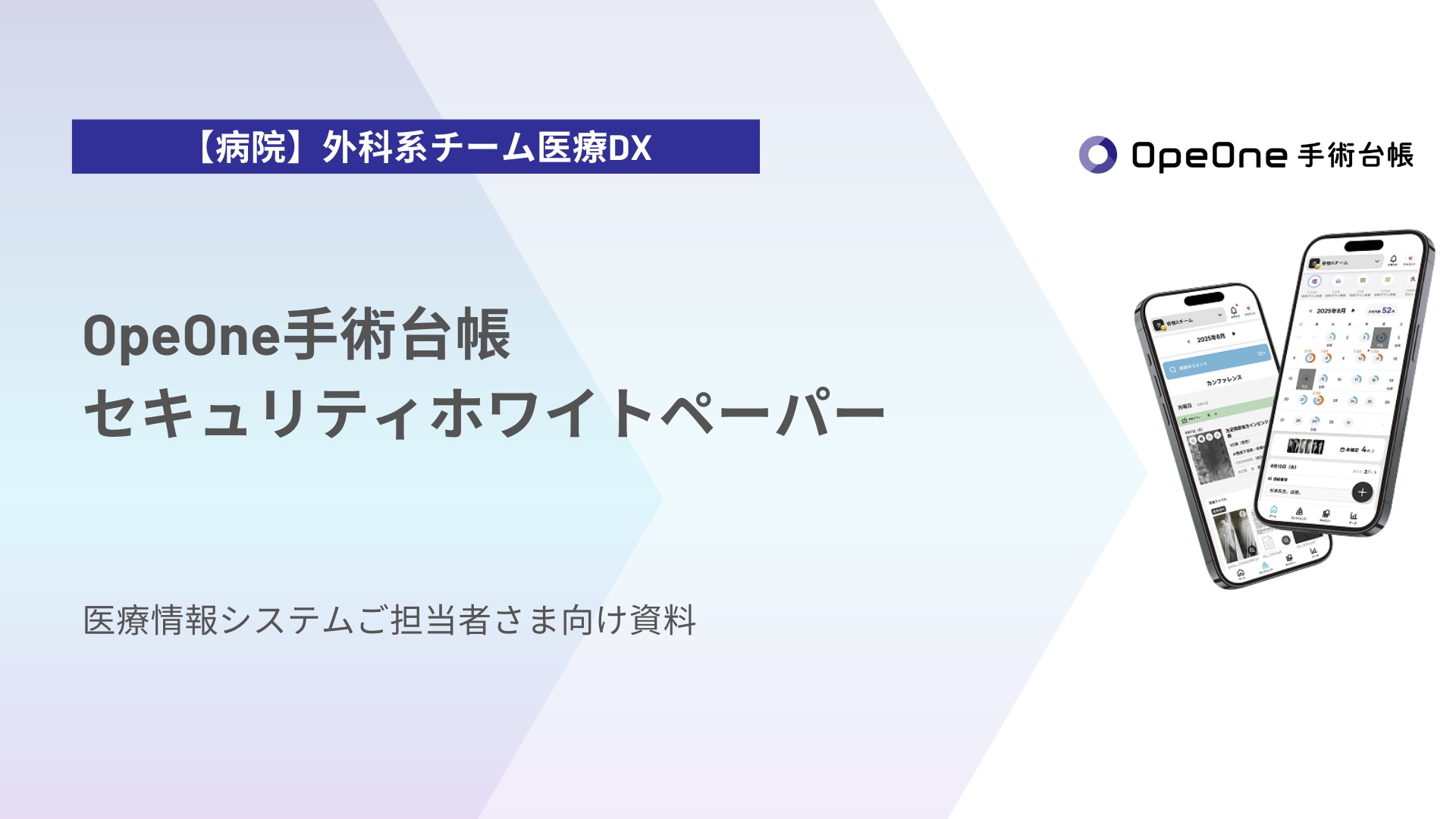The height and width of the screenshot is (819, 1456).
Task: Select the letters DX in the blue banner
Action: tap(630, 148)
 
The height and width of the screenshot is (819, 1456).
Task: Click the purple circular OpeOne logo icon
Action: tap(1097, 155)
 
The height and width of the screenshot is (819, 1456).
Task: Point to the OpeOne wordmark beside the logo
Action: tap(1209, 155)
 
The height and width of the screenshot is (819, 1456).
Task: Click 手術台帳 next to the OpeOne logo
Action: tap(1355, 155)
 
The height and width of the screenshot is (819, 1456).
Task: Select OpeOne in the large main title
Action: tap(182, 336)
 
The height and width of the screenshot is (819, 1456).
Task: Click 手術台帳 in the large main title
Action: tap(397, 336)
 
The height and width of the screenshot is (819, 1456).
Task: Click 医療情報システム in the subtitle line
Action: tap(218, 620)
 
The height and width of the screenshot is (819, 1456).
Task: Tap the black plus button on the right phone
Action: tap(1362, 492)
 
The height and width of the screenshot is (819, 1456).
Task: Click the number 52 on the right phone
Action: tap(1386, 310)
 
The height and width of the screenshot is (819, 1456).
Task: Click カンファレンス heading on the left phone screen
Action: tap(1224, 381)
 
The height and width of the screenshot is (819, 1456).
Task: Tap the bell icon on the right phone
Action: tap(1393, 259)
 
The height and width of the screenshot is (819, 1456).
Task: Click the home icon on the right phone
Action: tap(1274, 509)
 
